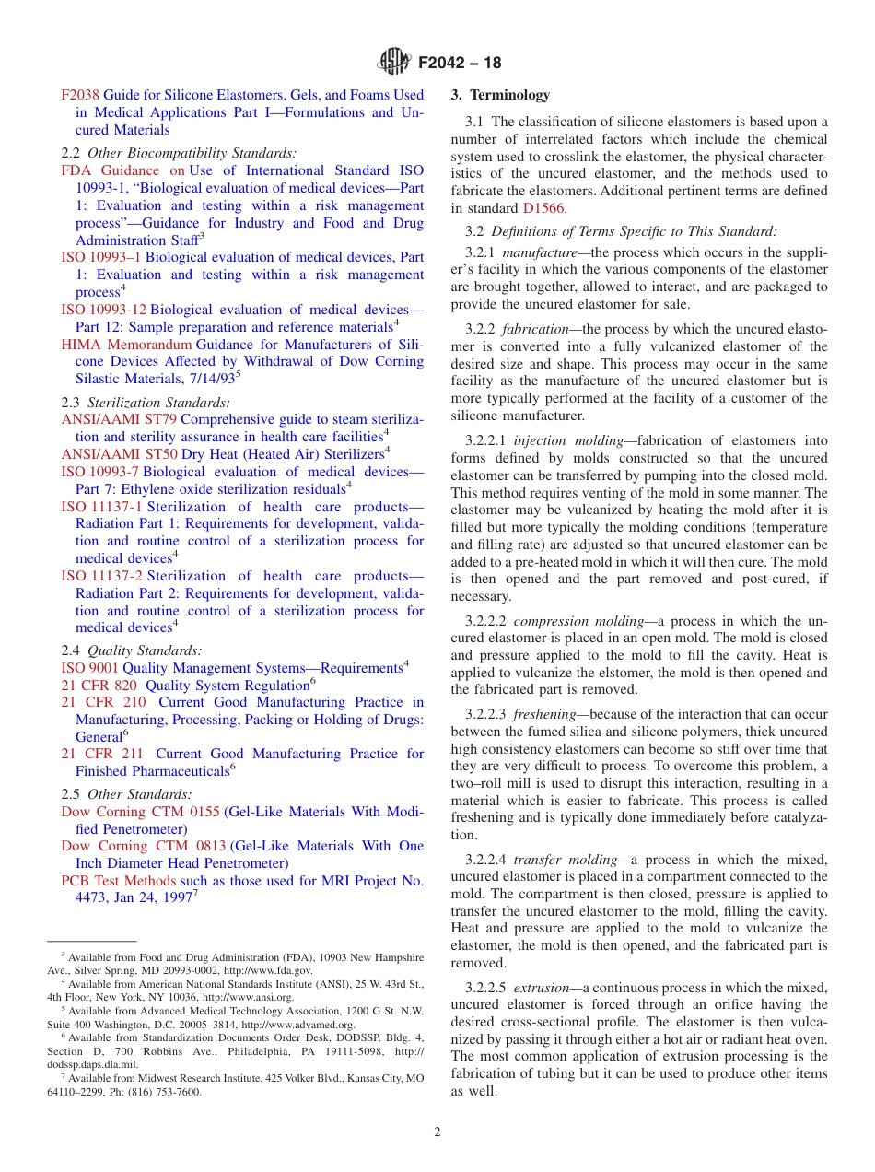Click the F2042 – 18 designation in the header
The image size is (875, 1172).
click(460, 64)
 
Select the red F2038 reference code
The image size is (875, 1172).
click(80, 95)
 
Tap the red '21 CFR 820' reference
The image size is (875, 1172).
click(99, 686)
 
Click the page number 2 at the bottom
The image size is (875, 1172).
click(437, 1132)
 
